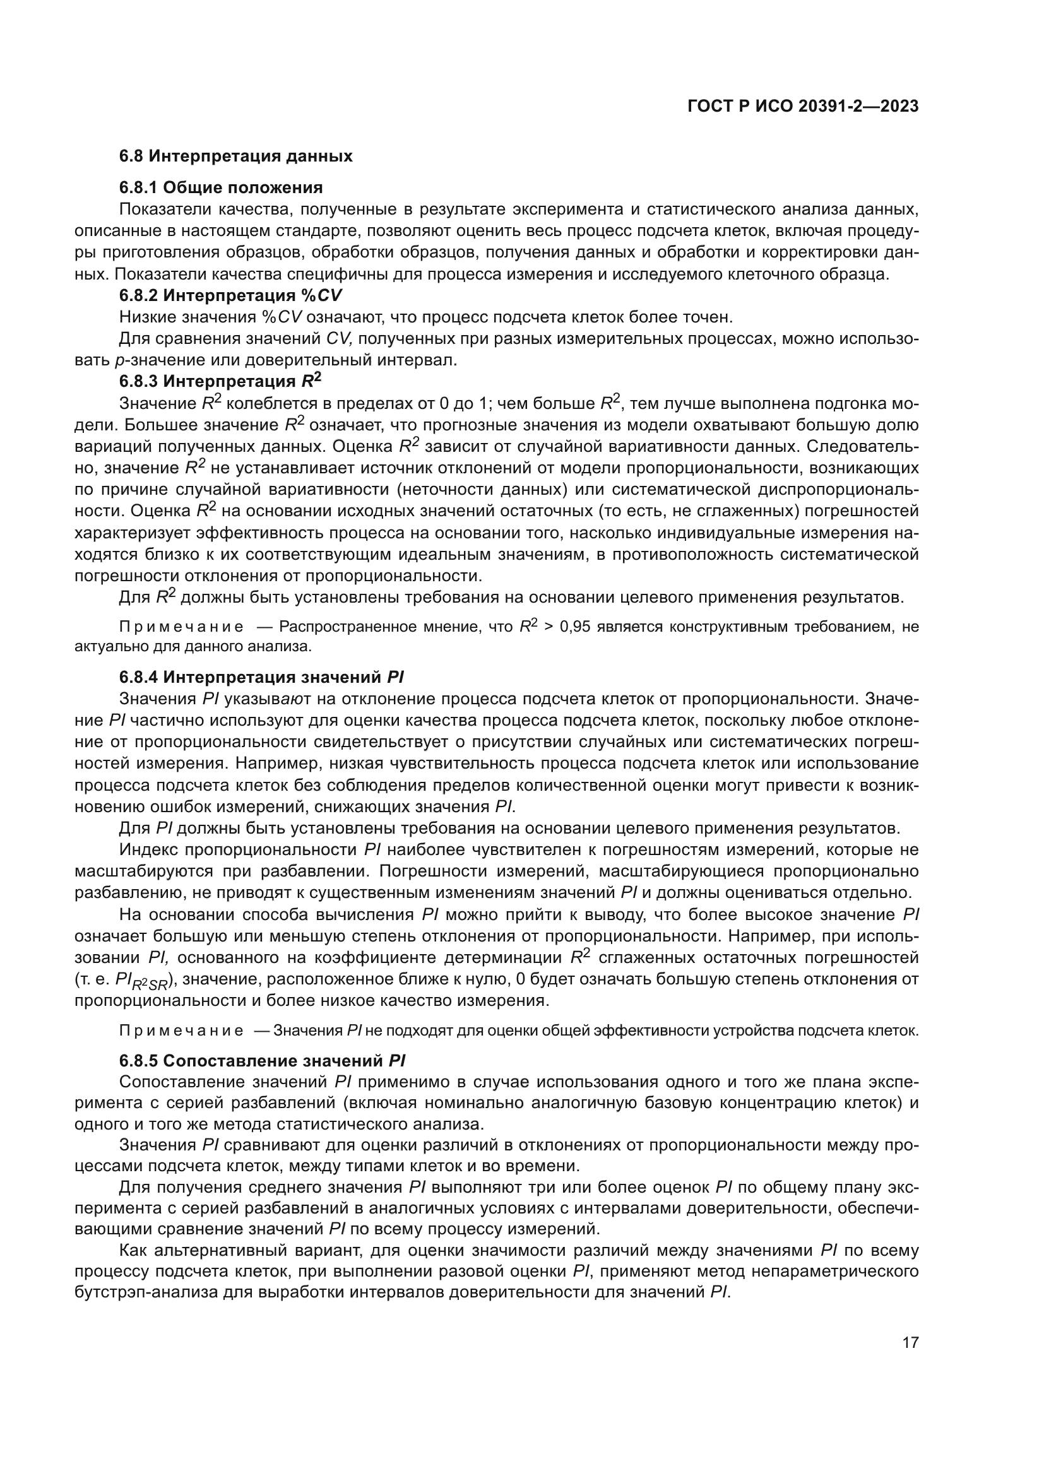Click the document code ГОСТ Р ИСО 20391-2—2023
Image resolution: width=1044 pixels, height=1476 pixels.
[803, 107]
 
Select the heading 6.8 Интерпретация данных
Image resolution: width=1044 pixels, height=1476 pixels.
[235, 156]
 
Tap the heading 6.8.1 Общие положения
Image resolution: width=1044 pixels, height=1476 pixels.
[220, 187]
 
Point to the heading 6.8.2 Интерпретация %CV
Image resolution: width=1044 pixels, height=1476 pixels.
[231, 296]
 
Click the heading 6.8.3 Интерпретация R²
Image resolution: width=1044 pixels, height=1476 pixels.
[220, 382]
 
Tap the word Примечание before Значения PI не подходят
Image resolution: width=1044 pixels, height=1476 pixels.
[182, 1031]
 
